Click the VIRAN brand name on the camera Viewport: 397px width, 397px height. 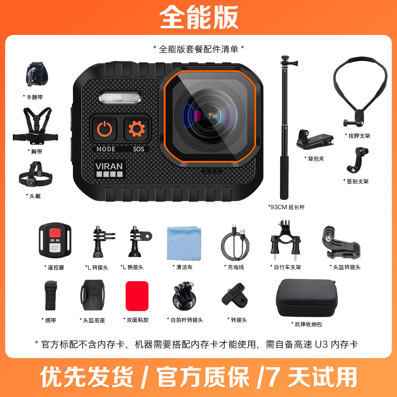point(109,166)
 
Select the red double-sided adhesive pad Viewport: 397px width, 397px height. point(137,296)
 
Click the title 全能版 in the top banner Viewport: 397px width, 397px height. point(198,17)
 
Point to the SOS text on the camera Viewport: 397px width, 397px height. point(139,149)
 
